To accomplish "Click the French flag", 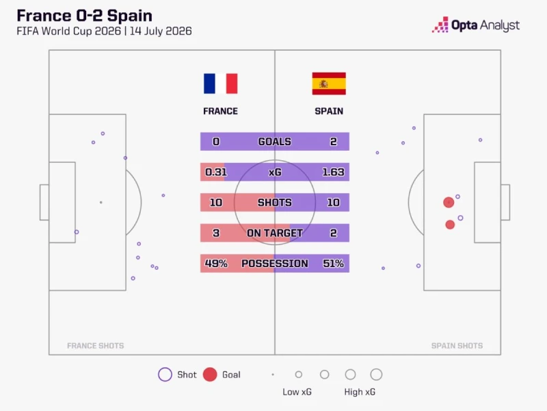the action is click(220, 84).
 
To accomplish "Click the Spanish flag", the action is click(329, 84).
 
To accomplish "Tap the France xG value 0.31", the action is click(216, 172).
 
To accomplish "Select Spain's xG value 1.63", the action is click(333, 172).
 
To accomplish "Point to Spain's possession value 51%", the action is click(333, 263).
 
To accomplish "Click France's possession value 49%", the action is click(216, 263).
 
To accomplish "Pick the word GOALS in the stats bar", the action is click(275, 142).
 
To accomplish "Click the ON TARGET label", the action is click(275, 233).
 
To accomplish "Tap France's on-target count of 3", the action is click(216, 233).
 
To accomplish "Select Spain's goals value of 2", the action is click(334, 142).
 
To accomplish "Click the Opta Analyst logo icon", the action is click(440, 25).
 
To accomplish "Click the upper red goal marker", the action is click(449, 202).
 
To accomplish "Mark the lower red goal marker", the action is click(450, 225).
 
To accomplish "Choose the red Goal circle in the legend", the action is click(210, 374).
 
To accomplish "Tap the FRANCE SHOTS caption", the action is click(95, 346).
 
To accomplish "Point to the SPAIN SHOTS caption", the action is click(457, 346).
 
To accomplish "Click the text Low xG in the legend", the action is click(297, 392).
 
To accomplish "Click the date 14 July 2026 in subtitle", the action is click(161, 31).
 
